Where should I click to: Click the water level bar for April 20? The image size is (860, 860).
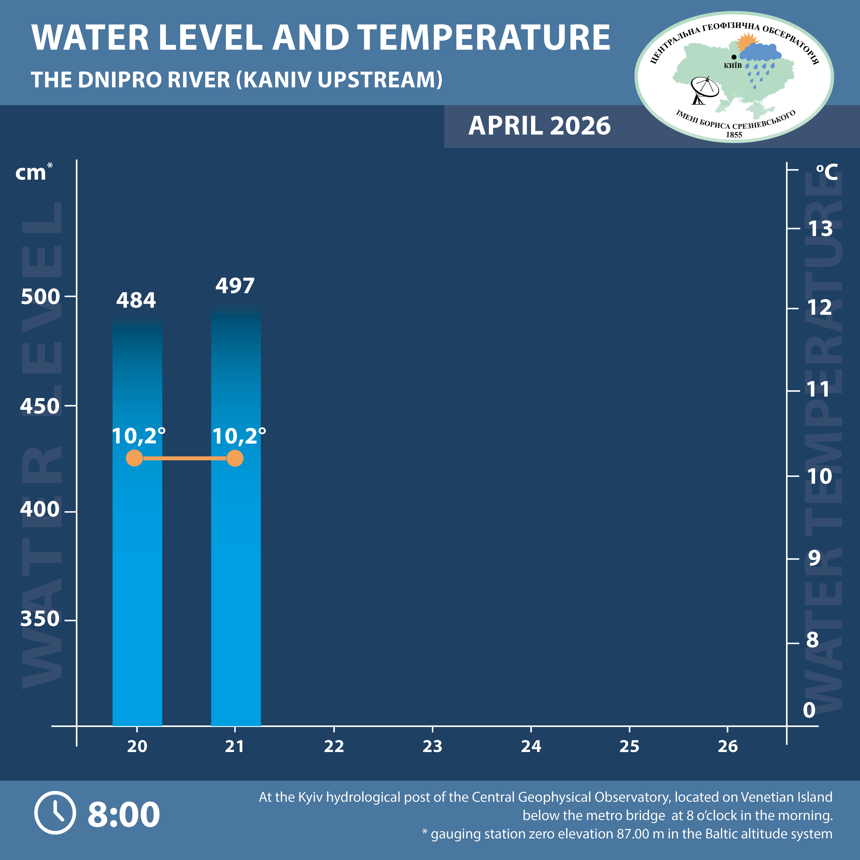point(137,556)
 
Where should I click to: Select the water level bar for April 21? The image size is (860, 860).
point(235,556)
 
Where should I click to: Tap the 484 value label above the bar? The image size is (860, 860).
point(136,300)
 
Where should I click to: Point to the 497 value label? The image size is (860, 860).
point(235,286)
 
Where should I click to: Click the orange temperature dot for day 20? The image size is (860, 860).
point(134,458)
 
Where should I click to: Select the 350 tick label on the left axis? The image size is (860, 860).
point(40,619)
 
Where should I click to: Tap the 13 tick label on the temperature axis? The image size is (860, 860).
point(820,229)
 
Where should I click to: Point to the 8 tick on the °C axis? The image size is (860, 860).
point(812,640)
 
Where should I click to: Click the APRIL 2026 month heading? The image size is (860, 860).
point(540,126)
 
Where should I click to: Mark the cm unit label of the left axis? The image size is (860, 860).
point(31,173)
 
